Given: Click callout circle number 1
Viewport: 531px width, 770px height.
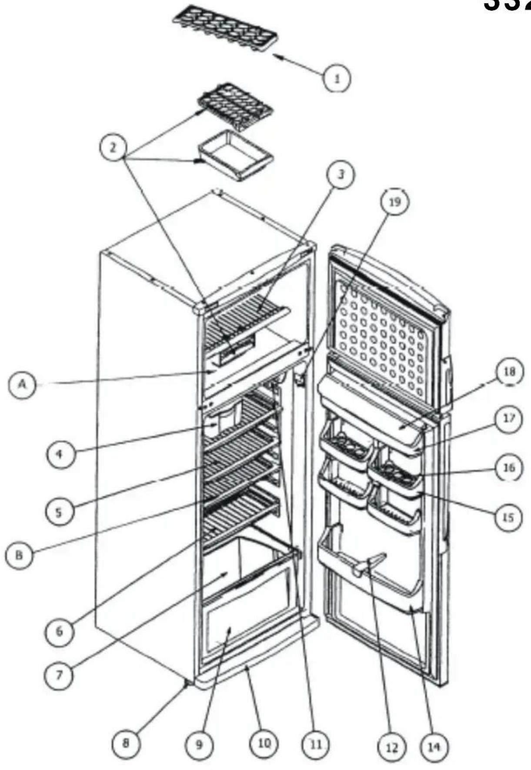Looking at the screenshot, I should point(337,78).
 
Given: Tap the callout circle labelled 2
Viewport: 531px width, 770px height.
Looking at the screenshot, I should point(113,148).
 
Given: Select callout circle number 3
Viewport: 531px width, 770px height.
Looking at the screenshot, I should point(341,174).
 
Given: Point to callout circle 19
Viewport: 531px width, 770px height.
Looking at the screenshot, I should point(394,201).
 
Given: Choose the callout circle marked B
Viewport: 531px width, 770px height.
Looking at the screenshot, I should point(19,555).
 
